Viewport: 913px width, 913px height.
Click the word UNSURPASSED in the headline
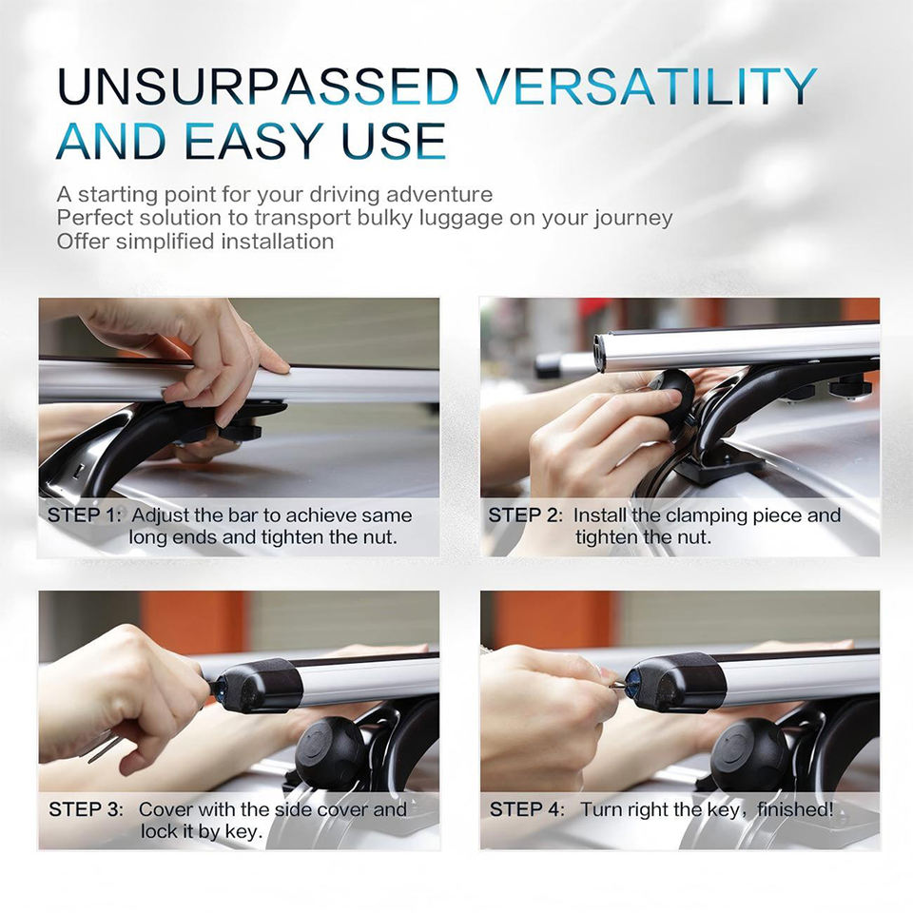[259, 87]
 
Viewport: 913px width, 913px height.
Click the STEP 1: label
[85, 515]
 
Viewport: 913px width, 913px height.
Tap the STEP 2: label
[526, 515]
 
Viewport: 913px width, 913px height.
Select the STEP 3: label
[87, 809]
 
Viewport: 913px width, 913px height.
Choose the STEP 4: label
[527, 809]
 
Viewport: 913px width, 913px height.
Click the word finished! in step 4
[795, 809]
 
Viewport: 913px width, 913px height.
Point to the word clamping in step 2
[707, 516]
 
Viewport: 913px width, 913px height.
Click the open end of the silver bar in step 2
[600, 352]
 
